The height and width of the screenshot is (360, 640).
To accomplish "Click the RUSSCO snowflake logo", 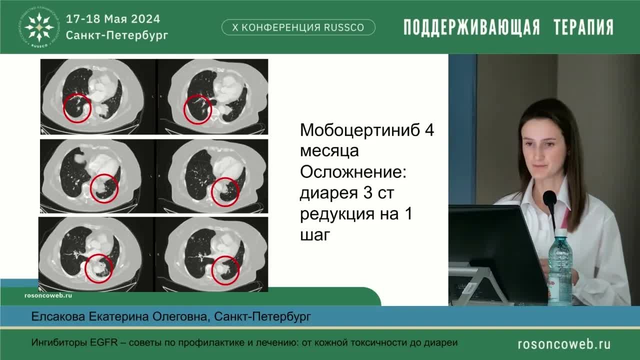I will [x=39, y=26].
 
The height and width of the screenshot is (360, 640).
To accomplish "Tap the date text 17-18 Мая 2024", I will [x=113, y=19].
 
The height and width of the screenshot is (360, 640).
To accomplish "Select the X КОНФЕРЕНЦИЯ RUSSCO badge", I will [x=298, y=27].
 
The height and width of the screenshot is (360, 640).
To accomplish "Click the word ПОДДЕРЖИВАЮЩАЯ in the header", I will [x=471, y=27].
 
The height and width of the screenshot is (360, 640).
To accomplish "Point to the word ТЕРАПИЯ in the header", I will [x=583, y=27].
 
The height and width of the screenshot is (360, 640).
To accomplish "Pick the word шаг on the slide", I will [x=315, y=235].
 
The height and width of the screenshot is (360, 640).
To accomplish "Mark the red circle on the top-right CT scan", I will [x=197, y=110].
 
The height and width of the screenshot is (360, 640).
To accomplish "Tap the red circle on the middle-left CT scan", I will [x=104, y=188].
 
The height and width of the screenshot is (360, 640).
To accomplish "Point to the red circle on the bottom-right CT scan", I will [x=225, y=270].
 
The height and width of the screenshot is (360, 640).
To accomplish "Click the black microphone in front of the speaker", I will [x=549, y=199].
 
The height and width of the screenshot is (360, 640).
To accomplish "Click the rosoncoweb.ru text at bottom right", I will [x=564, y=344].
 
